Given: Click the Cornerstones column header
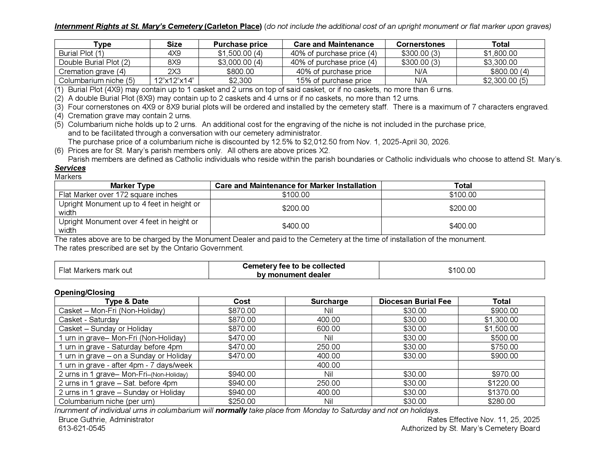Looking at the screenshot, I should click(420, 44).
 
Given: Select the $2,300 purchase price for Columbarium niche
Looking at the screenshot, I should click(240, 81).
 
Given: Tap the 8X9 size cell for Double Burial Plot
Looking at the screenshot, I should click(174, 62).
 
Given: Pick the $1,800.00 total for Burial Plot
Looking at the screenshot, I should click(500, 53).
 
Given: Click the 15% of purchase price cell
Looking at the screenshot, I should click(334, 81).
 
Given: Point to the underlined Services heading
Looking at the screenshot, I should click(70, 168).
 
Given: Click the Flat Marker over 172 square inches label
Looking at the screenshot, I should click(118, 195).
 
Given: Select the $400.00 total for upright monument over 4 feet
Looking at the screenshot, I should click(463, 226).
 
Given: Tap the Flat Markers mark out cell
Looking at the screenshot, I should click(96, 270).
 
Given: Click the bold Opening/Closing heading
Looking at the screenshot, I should click(84, 293).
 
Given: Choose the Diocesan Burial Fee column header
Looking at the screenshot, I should click(415, 301).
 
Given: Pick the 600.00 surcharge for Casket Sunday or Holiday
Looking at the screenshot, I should click(328, 329).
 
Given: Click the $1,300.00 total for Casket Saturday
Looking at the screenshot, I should click(501, 320).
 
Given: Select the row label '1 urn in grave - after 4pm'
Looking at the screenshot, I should click(125, 365).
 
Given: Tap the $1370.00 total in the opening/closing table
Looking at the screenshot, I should click(503, 392).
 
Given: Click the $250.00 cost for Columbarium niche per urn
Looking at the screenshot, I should click(242, 401).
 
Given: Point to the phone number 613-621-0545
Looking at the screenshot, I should click(82, 428).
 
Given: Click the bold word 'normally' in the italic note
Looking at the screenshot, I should click(231, 411).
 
